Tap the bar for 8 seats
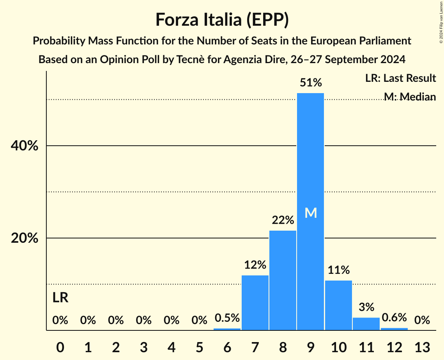[283, 281]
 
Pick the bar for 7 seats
[255, 303]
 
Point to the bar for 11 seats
[366, 324]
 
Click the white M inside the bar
[311, 213]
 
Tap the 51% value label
[311, 83]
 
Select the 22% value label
[283, 221]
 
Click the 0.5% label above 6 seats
[227, 318]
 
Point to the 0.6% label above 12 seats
[394, 318]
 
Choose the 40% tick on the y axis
[24, 146]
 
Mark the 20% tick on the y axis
[24, 238]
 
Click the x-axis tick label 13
[422, 347]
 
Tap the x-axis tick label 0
[60, 347]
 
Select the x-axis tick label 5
[199, 347]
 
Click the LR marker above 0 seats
[60, 298]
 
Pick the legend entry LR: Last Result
[400, 78]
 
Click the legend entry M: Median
[409, 97]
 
